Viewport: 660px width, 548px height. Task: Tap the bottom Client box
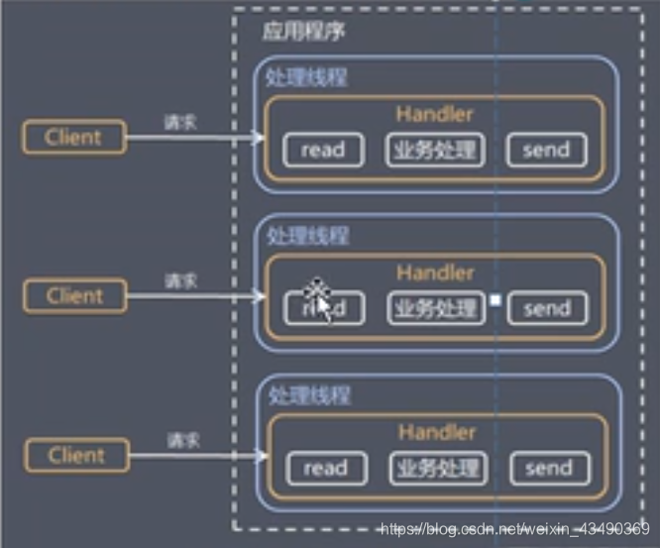[x=75, y=456]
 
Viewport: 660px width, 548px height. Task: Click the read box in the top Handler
[x=323, y=150]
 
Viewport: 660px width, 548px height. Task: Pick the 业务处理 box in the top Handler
[x=435, y=150]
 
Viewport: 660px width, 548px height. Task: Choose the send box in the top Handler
[x=546, y=150]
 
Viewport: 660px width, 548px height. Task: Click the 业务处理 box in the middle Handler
[x=436, y=308]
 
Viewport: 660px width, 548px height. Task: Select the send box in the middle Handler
[x=547, y=308]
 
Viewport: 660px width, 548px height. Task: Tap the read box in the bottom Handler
[x=325, y=468]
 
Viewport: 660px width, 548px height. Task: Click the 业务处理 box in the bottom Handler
[x=437, y=468]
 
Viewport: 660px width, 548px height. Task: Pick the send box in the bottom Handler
[x=549, y=468]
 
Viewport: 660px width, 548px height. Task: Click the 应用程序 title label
[x=303, y=32]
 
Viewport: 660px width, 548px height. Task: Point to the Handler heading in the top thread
[x=435, y=114]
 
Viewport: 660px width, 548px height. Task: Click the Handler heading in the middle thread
[x=436, y=273]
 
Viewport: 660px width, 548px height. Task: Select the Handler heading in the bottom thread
[x=437, y=433]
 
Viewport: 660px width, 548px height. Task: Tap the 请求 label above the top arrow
[x=180, y=123]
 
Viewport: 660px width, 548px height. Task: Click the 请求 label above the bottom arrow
[x=182, y=439]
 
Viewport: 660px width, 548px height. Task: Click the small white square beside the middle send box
[x=495, y=301]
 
